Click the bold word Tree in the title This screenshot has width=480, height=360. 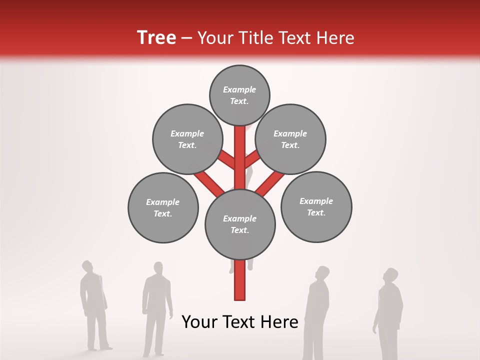(x=156, y=37)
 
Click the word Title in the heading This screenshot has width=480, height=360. (x=254, y=38)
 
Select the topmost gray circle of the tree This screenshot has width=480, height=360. (x=239, y=95)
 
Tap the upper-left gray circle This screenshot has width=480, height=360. (x=187, y=139)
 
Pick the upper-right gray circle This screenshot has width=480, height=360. (x=290, y=139)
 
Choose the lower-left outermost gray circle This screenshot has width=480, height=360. (x=163, y=207)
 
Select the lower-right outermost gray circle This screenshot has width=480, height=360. (x=316, y=206)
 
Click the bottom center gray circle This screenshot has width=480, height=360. (x=240, y=224)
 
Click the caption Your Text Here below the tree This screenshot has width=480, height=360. (x=240, y=322)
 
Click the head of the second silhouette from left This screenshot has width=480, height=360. (x=158, y=269)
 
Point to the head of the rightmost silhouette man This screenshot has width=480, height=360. (x=390, y=275)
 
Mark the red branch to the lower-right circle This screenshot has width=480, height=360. (x=270, y=183)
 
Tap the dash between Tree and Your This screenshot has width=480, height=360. (x=187, y=38)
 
